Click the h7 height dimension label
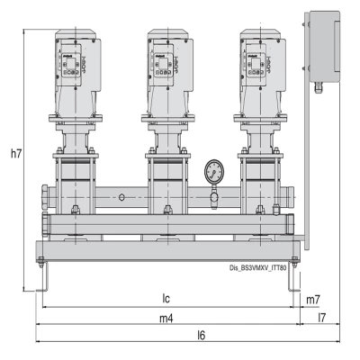[x=14, y=155]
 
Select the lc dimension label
[x=166, y=299]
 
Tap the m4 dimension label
[x=166, y=317]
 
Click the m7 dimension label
[x=313, y=299]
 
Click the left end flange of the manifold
[x=46, y=195]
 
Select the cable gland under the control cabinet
[x=318, y=87]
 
